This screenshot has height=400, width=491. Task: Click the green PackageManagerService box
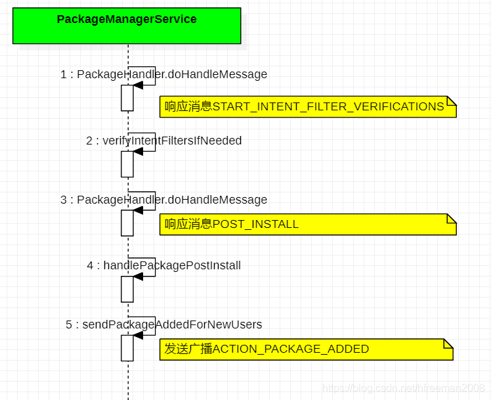coord(127,26)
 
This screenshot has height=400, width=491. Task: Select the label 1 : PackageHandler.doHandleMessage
coord(163,74)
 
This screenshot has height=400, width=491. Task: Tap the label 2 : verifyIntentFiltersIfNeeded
coord(163,141)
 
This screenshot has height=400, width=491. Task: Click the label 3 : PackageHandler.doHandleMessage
coord(163,200)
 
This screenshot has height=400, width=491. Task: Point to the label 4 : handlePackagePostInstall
coord(163,265)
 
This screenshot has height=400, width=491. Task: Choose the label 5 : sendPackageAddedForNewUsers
coord(163,324)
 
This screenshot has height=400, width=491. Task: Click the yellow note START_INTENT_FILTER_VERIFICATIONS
coord(307,106)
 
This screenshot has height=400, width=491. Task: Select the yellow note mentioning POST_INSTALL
coord(307,225)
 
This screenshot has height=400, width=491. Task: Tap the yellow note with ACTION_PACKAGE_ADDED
coord(306,349)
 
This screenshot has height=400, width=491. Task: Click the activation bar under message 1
coord(127,98)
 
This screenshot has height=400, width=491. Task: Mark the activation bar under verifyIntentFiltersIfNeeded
coord(127,164)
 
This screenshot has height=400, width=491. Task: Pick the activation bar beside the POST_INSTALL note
coord(127,223)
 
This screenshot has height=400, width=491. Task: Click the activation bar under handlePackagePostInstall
coord(127,289)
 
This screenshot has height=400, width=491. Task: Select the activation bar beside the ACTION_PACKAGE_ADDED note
coord(127,348)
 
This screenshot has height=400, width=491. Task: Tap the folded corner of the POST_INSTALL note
coord(452,218)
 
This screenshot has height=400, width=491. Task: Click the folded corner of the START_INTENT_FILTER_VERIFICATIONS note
coord(452,100)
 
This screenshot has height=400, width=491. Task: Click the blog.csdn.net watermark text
coord(404,388)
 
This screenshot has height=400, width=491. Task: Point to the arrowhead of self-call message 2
coord(139,152)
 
